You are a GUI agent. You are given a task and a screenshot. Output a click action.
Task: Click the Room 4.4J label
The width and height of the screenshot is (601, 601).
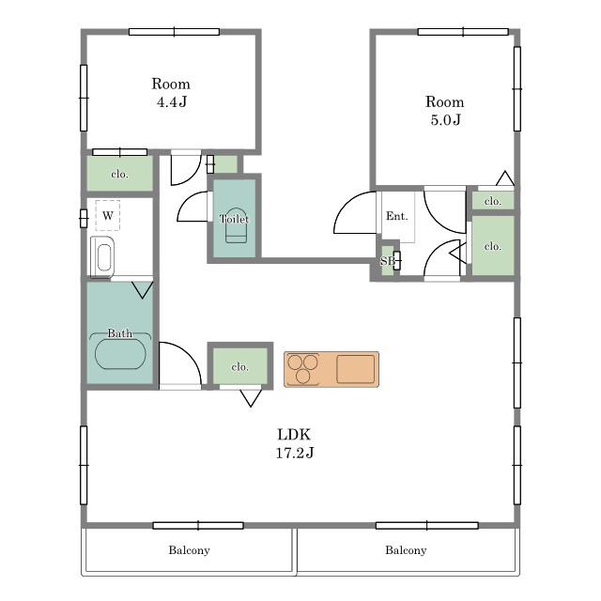(x=171, y=93)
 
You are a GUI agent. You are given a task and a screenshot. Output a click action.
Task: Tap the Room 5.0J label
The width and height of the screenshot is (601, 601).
(x=445, y=111)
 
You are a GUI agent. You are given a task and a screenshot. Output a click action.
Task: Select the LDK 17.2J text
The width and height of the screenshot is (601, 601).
(x=294, y=443)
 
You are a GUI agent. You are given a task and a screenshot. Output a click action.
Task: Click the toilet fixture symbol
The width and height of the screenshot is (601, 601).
(x=236, y=225)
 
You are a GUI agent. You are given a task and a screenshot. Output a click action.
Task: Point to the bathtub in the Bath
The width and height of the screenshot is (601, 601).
(x=120, y=354)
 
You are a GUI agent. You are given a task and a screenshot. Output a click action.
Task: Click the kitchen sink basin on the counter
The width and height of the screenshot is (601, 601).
(x=355, y=369)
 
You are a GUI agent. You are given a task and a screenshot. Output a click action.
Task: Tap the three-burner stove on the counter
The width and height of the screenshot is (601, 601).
(x=302, y=369)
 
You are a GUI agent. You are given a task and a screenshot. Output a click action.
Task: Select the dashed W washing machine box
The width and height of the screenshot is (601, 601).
(x=108, y=215)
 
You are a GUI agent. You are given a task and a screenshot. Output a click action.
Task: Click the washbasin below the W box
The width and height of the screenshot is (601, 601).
(x=102, y=256)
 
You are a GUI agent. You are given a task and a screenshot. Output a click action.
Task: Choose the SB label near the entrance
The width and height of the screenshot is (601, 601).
(x=387, y=261)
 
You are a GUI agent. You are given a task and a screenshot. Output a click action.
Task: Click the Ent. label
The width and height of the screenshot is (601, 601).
(x=396, y=216)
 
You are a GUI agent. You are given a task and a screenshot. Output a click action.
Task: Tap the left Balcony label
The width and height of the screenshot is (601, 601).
(x=190, y=550)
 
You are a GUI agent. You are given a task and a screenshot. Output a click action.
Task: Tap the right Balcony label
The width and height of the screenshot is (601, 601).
(x=406, y=550)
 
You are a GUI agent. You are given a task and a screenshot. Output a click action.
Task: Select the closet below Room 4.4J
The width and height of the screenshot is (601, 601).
(x=119, y=173)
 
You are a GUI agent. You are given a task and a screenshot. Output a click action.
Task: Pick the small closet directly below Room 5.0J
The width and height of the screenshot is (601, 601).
(x=492, y=201)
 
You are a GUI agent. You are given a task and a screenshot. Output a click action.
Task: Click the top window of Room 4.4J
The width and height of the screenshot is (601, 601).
(x=174, y=32)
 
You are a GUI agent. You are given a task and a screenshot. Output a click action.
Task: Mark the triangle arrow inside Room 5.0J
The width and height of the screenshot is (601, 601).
(x=505, y=178)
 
